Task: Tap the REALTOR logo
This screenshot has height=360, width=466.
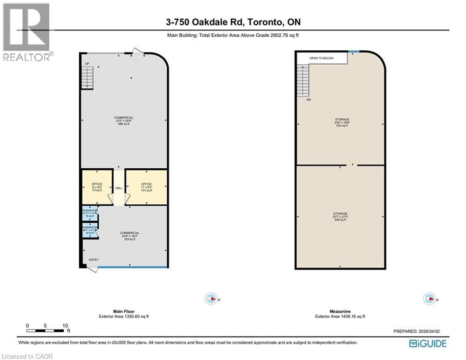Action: pyautogui.click(x=27, y=32)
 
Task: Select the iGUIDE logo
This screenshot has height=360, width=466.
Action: pyautogui.click(x=427, y=344)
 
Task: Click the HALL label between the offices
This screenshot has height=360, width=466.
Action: pyautogui.click(x=119, y=188)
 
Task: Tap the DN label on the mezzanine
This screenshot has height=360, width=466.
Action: pyautogui.click(x=309, y=100)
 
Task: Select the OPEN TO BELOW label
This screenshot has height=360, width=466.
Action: pyautogui.click(x=321, y=58)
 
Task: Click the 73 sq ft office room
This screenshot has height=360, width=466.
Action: pyautogui.click(x=97, y=187)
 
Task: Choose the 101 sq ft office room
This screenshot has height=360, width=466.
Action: pyautogui.click(x=146, y=187)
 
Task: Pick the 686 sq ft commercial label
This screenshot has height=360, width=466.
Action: pyautogui.click(x=124, y=120)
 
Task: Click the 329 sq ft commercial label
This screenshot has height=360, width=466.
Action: pyautogui.click(x=129, y=236)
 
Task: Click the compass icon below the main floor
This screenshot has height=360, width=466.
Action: pyautogui.click(x=211, y=298)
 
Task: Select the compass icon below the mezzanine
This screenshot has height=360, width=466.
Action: pyautogui.click(x=429, y=298)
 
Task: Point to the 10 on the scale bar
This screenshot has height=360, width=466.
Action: pyautogui.click(x=65, y=325)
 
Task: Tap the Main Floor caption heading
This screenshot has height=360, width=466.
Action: pyautogui.click(x=124, y=311)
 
